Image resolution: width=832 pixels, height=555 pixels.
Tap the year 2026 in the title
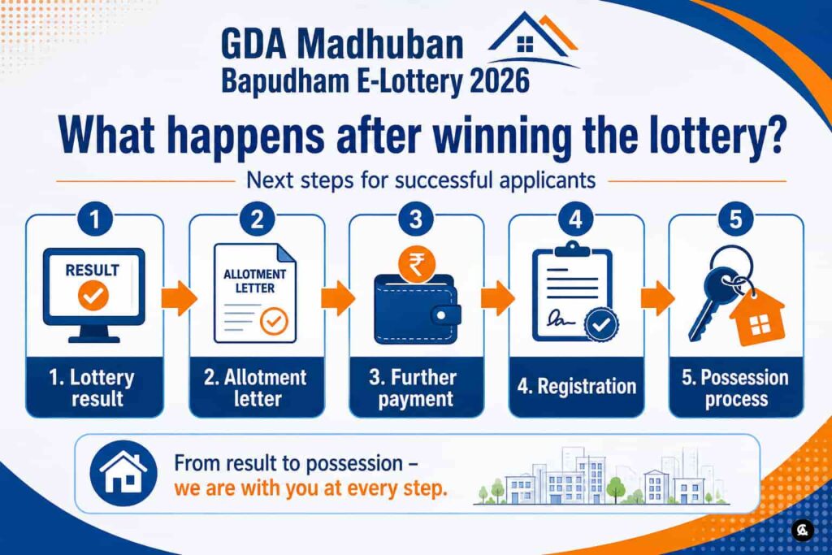point(500,82)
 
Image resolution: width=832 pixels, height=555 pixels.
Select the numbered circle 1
point(94,219)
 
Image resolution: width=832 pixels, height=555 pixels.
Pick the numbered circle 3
point(416,219)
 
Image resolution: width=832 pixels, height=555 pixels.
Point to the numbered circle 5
point(735,219)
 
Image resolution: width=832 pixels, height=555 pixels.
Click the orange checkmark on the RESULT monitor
point(93,296)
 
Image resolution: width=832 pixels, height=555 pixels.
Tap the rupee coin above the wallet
point(417,264)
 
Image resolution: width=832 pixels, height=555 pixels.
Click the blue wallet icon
point(417,309)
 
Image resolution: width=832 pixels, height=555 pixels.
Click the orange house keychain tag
point(757,318)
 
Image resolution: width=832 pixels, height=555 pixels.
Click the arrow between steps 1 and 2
point(179,298)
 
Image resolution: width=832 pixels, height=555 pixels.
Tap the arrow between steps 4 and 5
point(657,298)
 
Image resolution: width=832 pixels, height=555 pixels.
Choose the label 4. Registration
point(577,386)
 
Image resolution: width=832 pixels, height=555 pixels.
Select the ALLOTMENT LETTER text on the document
point(254,281)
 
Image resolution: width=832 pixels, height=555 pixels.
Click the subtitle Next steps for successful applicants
point(421,180)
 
